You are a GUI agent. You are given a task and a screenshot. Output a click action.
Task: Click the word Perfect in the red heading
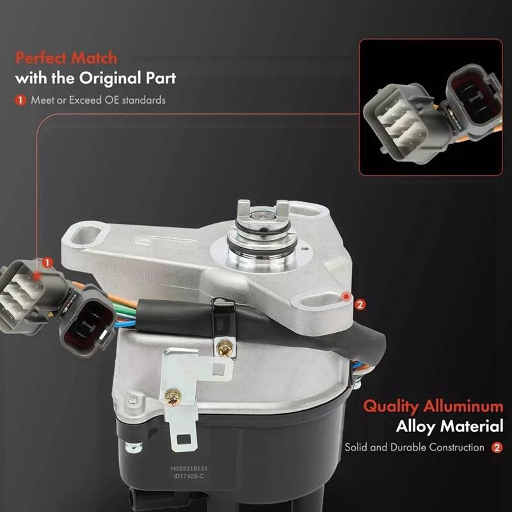[40, 58]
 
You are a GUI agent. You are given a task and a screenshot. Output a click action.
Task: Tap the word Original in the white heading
[110, 78]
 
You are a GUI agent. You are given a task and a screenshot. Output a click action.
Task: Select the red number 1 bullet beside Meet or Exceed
[20, 100]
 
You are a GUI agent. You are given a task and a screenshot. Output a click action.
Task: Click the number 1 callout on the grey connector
[47, 262]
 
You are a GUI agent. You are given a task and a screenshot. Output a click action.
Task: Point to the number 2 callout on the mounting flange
[360, 305]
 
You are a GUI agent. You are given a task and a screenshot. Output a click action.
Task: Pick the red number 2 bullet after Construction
[497, 447]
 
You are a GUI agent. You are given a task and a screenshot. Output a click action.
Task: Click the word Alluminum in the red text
[463, 406]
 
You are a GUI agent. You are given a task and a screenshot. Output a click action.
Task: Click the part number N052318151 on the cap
[189, 468]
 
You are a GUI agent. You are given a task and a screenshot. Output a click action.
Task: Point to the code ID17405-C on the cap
[189, 476]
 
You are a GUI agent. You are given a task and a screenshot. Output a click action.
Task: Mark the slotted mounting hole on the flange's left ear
[86, 235]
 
